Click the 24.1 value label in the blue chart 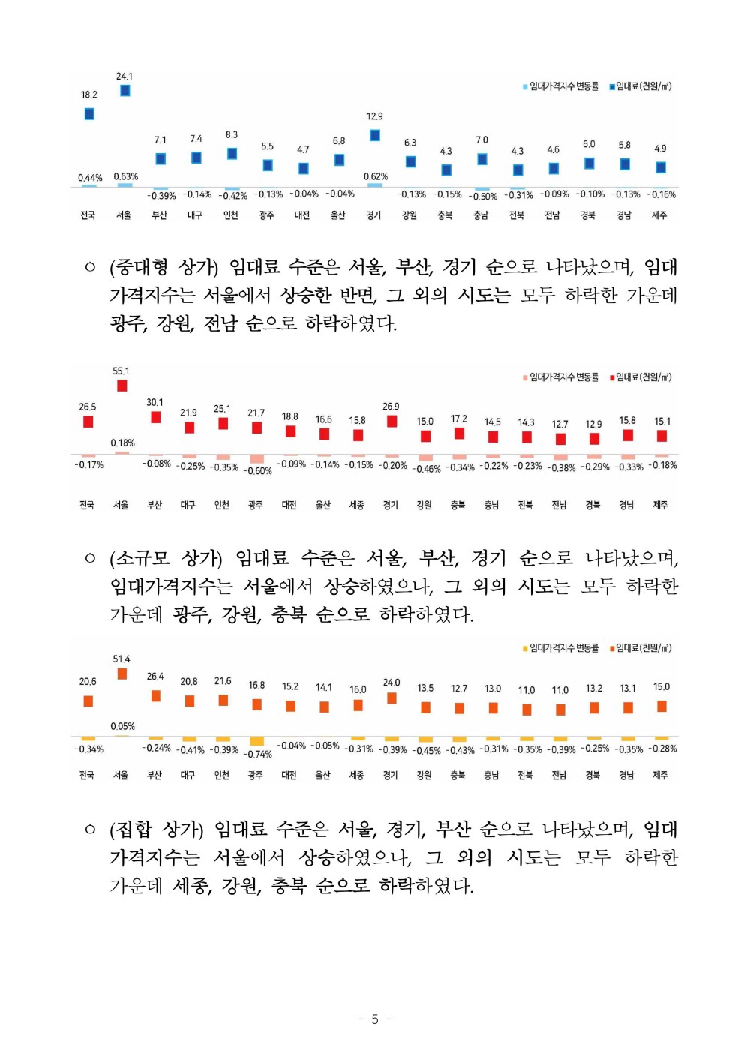124,77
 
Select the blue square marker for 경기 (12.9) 375,135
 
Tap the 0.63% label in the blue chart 126,177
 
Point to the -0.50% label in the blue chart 483,197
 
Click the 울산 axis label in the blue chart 338,215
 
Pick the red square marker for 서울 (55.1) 121,386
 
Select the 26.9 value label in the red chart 391,407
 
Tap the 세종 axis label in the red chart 357,505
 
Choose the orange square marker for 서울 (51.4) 121,674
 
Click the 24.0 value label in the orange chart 391,683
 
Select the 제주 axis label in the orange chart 660,775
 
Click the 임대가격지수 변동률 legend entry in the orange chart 563,648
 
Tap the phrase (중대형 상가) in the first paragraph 164,267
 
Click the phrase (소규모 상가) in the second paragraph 166,558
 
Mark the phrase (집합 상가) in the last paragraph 157,830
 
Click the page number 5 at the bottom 375,1019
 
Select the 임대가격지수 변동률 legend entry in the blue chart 563,86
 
